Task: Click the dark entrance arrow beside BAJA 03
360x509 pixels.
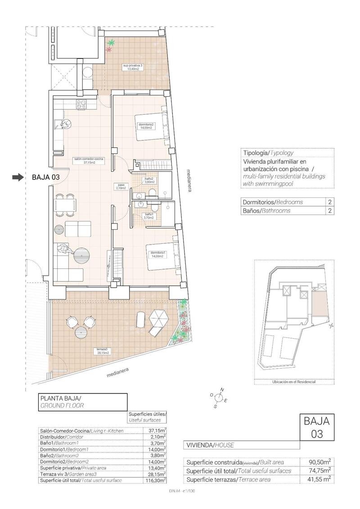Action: [18, 178]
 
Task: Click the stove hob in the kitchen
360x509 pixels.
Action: [82, 105]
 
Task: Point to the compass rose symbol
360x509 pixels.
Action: [218, 397]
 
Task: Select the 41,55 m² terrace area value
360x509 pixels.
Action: [320, 479]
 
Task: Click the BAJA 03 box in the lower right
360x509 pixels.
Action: [317, 428]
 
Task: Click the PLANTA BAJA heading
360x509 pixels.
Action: [60, 398]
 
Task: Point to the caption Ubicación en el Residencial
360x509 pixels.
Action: [294, 382]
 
